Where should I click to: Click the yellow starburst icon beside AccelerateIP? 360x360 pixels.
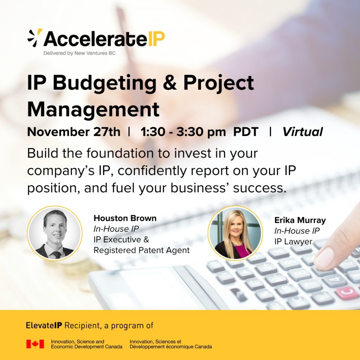(35, 38)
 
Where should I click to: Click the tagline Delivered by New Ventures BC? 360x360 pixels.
(79, 53)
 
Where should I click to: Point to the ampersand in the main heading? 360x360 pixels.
(170, 83)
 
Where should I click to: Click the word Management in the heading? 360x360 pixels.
(93, 110)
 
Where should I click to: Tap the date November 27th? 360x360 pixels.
(74, 132)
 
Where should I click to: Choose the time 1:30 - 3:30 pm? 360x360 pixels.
(183, 132)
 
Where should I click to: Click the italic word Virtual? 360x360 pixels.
(303, 132)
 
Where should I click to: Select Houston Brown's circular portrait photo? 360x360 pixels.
(54, 233)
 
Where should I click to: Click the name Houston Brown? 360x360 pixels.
(125, 218)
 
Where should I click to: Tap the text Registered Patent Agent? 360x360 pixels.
(142, 250)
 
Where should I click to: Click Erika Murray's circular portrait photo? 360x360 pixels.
(235, 233)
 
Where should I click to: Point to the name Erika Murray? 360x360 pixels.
(300, 220)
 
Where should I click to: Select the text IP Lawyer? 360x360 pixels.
(294, 242)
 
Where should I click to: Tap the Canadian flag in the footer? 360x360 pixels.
(35, 344)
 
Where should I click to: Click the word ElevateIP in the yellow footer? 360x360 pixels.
(44, 325)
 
